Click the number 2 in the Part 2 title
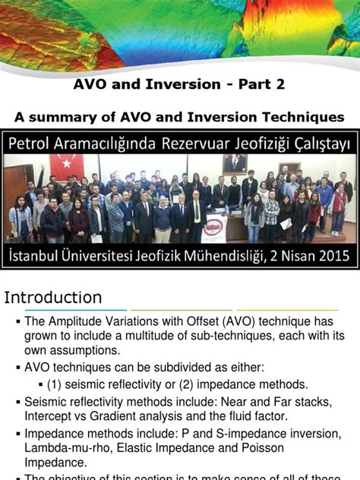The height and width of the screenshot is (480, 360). click(x=280, y=84)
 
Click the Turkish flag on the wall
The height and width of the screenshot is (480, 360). click(x=68, y=167)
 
